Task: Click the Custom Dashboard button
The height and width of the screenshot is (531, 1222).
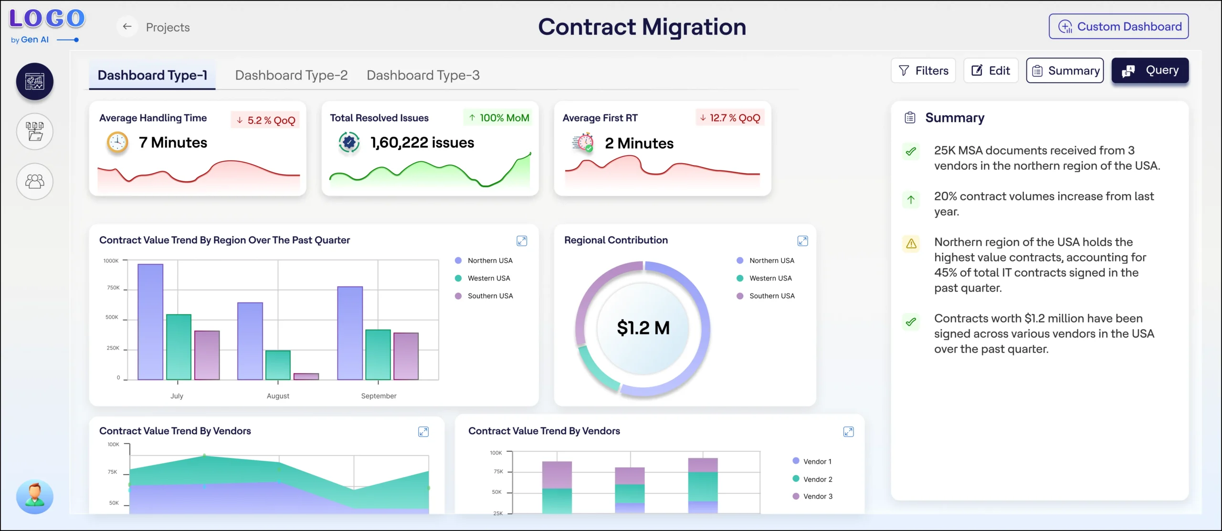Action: (x=1118, y=27)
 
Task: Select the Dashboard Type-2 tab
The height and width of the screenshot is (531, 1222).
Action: (x=291, y=75)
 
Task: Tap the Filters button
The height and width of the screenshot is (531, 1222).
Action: (x=923, y=71)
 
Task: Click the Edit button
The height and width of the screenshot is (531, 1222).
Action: (x=991, y=71)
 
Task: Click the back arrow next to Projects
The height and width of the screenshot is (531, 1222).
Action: (x=127, y=27)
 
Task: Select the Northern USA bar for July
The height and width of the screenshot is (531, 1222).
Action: (x=150, y=322)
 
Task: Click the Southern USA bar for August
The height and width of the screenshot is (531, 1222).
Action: (x=306, y=376)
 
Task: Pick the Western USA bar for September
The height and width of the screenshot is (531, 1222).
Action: (x=378, y=354)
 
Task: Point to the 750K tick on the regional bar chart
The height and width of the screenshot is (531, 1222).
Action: (x=113, y=288)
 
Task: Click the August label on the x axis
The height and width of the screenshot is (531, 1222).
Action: (x=278, y=396)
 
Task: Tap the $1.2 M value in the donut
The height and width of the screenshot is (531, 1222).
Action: (x=643, y=328)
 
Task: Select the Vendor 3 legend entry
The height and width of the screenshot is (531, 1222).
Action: (x=812, y=496)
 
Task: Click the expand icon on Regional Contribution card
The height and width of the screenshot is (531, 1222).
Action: (x=803, y=241)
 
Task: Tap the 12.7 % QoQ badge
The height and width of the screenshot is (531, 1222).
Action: (x=730, y=118)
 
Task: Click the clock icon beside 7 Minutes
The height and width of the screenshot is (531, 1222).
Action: (x=117, y=142)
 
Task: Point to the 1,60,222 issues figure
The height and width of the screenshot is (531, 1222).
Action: (x=422, y=143)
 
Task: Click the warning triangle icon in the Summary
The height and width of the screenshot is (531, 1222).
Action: (x=911, y=244)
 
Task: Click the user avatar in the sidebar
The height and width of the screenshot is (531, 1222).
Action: (x=34, y=496)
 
